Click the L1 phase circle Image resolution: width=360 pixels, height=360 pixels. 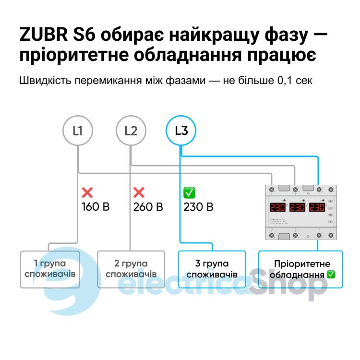78,130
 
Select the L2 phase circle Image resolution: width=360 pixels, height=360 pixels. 131,130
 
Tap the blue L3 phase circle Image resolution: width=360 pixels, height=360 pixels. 181,130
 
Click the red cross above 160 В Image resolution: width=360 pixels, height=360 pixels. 87,193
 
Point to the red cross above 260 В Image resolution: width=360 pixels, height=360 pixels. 139,193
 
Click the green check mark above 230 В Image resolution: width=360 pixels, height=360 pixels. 189,193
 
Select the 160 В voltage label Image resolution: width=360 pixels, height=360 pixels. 96,207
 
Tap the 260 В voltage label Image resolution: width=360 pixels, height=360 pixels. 148,207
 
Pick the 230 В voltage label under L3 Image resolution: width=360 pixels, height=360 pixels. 198,207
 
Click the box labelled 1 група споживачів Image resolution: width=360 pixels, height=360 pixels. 49,269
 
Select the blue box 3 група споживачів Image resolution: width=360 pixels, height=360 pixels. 212,269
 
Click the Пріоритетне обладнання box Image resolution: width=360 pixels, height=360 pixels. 301,269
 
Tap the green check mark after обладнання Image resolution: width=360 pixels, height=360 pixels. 331,275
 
